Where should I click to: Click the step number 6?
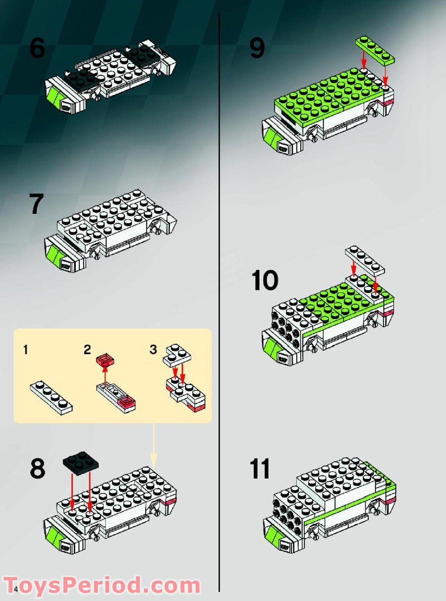pos(37,49)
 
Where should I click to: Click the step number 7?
pos(36,204)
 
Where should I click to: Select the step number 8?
pos(37,469)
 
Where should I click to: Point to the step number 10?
pos(265,281)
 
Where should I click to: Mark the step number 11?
pos(261,469)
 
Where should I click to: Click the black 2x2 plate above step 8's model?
pos(81,461)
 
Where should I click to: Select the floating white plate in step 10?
pos(365,259)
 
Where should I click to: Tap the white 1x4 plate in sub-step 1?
pos(51,397)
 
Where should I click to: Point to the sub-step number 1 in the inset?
pos(25,350)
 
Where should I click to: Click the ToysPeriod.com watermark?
pos(102,586)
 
